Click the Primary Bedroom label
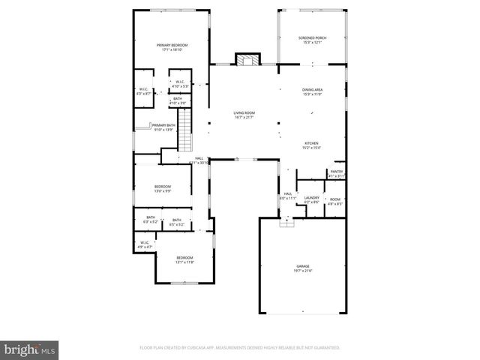(x=172, y=45)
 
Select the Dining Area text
(x=312, y=89)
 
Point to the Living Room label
(x=244, y=112)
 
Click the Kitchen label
(x=312, y=143)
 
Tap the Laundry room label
(x=312, y=197)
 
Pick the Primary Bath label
(x=164, y=125)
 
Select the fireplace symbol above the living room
(x=246, y=60)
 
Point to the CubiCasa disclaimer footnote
(x=240, y=348)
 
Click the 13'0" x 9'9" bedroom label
(x=163, y=188)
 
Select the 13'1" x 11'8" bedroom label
(x=184, y=259)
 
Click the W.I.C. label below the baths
(x=144, y=242)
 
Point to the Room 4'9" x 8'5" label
(x=334, y=201)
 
